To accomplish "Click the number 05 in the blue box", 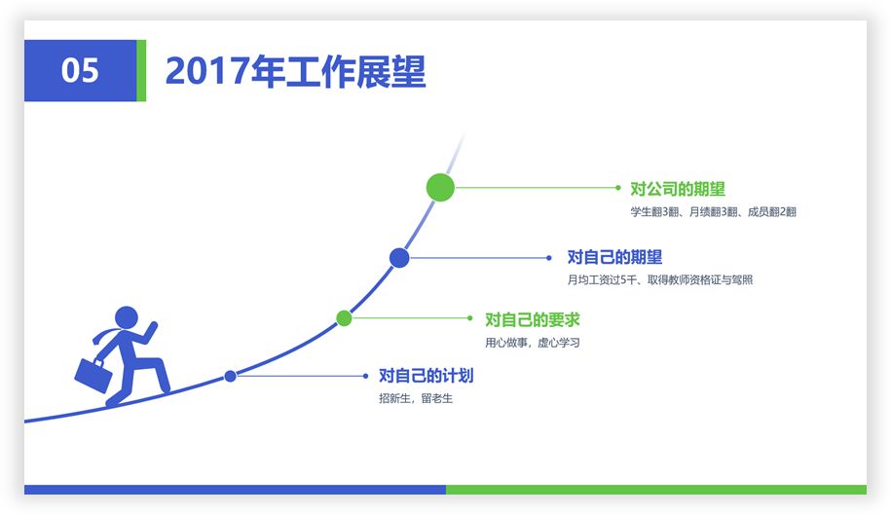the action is [x=80, y=70].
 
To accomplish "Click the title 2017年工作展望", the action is [x=295, y=71].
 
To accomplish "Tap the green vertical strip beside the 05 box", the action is [x=141, y=70].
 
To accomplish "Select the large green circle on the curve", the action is [x=440, y=187].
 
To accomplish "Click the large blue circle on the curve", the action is [x=399, y=258].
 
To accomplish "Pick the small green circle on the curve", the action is [x=344, y=318].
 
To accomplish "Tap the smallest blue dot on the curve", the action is [x=230, y=376].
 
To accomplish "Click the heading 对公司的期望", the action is [x=678, y=189].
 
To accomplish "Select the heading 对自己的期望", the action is [x=614, y=257].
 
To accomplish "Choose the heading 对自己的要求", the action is [x=533, y=319].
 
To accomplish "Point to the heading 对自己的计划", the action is [x=427, y=376].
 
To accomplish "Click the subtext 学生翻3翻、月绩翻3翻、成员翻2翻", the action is [x=713, y=212].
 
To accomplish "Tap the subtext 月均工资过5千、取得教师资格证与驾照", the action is [x=660, y=279].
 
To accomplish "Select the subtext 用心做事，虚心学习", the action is [x=533, y=343].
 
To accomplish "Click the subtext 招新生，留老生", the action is [x=416, y=398].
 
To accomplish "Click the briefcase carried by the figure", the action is [x=93, y=376].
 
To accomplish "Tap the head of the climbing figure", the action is [x=127, y=318].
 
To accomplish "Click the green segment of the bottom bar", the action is [x=656, y=490].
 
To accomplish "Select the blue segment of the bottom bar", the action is [x=236, y=490].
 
